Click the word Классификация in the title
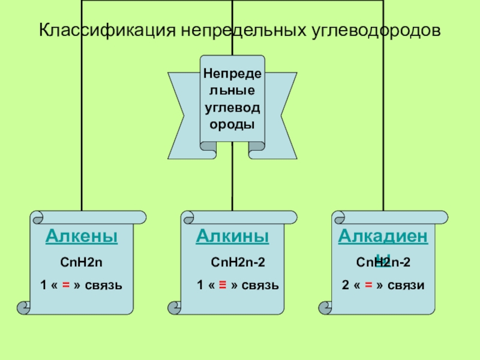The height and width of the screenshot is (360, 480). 101,30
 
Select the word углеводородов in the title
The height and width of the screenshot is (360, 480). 377,30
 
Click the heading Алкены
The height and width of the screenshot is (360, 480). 82,236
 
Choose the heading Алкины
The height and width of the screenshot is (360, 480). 232,236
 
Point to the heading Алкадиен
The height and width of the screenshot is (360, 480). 383,236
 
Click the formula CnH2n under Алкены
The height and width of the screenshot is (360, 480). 82,262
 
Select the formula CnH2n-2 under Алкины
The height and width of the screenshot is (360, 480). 238,262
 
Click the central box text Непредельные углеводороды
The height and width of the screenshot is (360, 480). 232,99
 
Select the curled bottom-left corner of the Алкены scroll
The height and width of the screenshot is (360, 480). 24,308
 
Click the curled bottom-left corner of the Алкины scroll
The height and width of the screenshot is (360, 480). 175,308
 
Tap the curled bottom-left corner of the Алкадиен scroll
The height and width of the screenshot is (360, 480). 325,308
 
